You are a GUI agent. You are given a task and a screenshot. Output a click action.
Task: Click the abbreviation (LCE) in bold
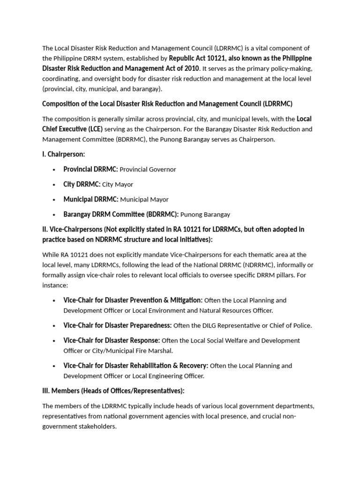[x=92, y=128]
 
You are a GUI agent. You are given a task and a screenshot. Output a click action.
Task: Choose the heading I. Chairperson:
[x=63, y=154]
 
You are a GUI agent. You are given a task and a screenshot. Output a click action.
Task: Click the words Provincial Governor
[x=148, y=169]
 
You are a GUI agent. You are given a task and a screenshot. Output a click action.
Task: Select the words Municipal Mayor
[x=144, y=199]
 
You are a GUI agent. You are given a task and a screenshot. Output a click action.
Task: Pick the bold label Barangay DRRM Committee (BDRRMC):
[x=121, y=214]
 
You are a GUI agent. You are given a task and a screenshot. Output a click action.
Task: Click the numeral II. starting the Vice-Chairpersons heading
[x=45, y=229]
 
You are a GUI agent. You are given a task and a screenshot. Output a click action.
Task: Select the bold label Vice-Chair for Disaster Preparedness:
[x=118, y=325]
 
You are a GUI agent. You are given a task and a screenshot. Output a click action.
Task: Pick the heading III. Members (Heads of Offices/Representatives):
[x=113, y=390]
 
